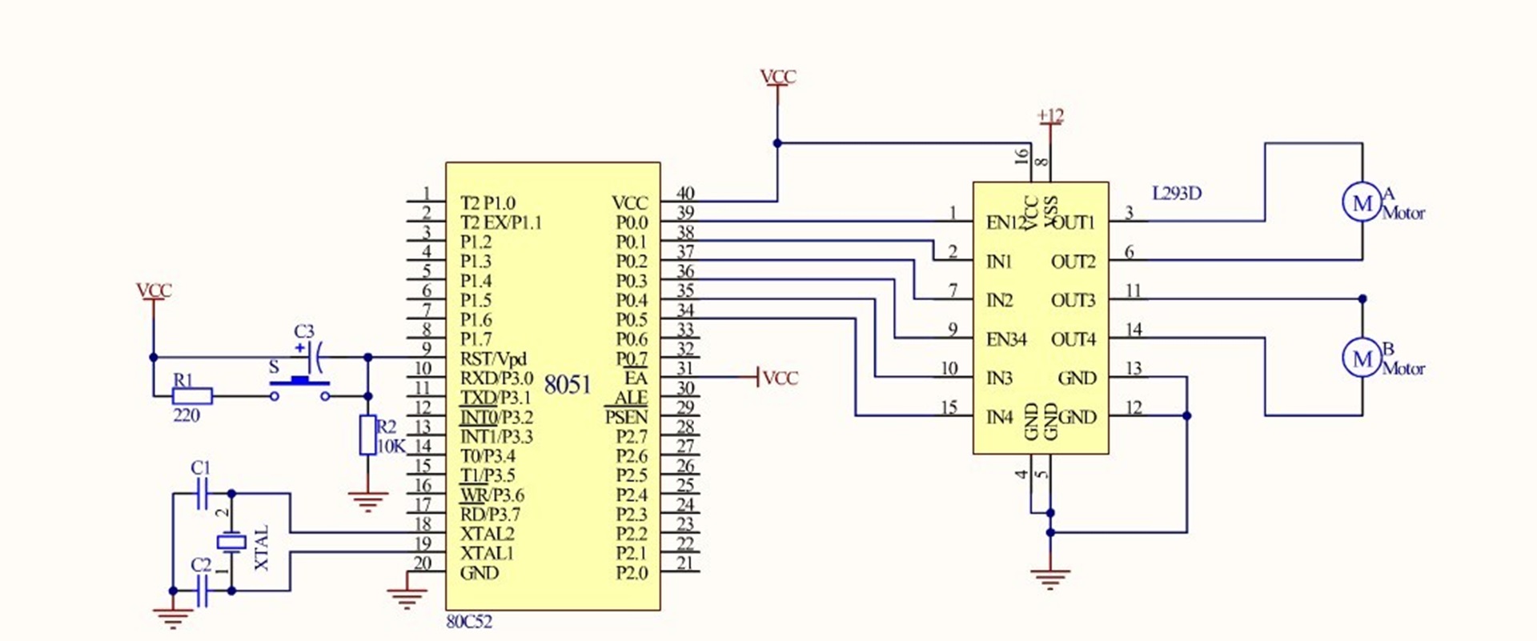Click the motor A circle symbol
(x=1362, y=202)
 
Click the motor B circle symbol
(x=1362, y=359)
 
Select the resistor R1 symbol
(x=192, y=395)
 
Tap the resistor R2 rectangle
(x=367, y=435)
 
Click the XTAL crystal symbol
(x=231, y=542)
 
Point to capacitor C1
(x=202, y=494)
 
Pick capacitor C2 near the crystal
(x=202, y=591)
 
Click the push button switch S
(x=300, y=384)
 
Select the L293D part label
(x=1176, y=193)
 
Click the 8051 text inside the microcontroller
(x=567, y=385)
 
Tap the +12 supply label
(x=1049, y=116)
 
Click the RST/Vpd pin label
(x=493, y=359)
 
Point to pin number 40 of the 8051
(x=685, y=193)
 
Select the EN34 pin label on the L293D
(x=1005, y=339)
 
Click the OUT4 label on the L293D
(x=1073, y=339)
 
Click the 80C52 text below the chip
(x=469, y=622)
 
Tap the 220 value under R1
(x=186, y=415)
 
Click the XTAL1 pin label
(x=487, y=553)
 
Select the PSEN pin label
(x=626, y=417)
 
